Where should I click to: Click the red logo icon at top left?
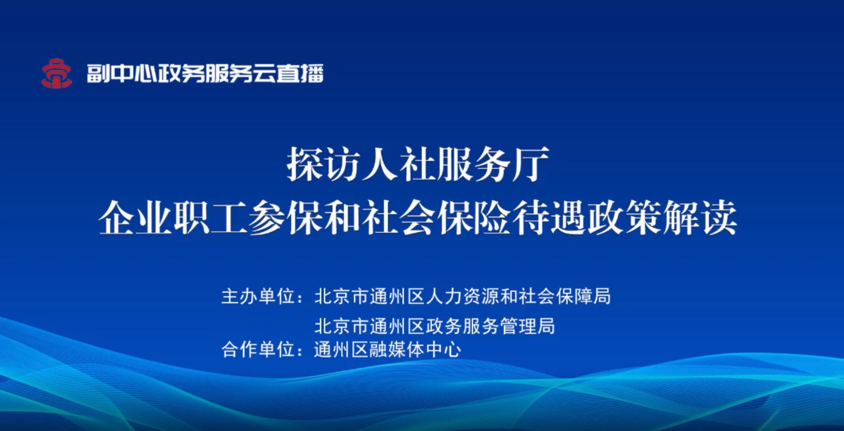click(x=56, y=73)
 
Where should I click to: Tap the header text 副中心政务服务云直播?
click(x=205, y=73)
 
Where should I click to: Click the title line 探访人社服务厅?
click(x=418, y=165)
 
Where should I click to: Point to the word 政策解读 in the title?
click(x=662, y=218)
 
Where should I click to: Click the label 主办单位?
click(x=258, y=296)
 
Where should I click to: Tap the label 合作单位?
click(x=258, y=349)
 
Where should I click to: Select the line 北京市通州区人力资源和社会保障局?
click(x=463, y=296)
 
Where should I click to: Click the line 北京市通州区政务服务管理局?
click(x=435, y=326)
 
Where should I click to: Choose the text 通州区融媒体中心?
click(x=388, y=349)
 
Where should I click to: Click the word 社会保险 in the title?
click(x=436, y=218)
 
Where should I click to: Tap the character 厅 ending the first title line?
click(x=531, y=165)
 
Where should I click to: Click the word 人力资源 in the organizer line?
click(x=463, y=296)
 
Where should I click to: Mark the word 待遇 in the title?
click(x=549, y=218)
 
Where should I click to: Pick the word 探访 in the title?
click(x=323, y=165)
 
